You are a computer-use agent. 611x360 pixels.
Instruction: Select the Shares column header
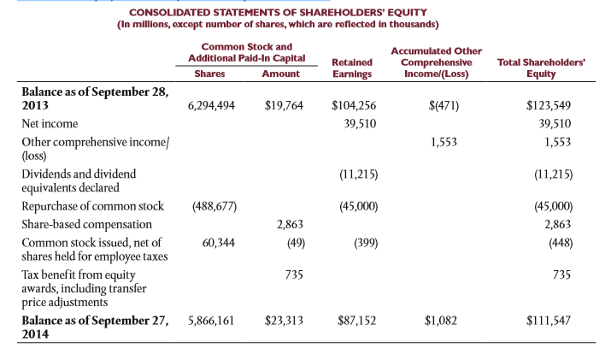click(209, 74)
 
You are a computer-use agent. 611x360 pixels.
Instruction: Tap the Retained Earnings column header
click(353, 68)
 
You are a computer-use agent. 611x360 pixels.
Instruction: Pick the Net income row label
click(49, 124)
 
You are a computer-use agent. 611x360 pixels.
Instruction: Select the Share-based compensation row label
click(86, 224)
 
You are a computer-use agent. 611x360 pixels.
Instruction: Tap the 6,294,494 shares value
click(211, 107)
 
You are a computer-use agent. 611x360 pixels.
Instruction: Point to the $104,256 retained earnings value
click(354, 107)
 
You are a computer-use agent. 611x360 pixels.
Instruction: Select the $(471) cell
click(444, 107)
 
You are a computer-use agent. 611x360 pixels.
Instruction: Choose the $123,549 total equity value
click(549, 107)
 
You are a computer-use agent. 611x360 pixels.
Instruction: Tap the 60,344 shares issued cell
click(219, 242)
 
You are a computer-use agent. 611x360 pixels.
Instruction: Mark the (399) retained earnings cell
click(362, 242)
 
